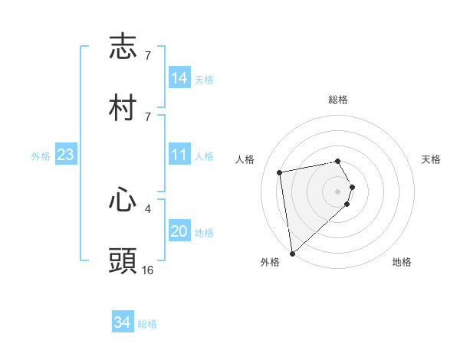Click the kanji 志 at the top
[123, 47]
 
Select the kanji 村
[123, 107]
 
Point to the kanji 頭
[123, 260]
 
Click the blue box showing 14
[179, 77]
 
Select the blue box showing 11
[179, 155]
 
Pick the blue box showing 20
[179, 231]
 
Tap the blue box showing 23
[66, 155]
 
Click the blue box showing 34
[123, 322]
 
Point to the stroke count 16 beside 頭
[147, 270]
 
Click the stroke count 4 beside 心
[147, 208]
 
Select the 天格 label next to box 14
[203, 79]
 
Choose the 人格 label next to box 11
[203, 156]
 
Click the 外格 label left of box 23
[41, 156]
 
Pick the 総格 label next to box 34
[147, 324]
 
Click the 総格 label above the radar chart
[338, 100]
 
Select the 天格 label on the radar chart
[431, 159]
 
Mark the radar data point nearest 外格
[292, 253]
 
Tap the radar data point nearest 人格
[280, 172]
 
